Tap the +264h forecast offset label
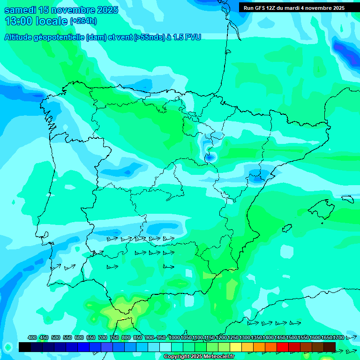(83, 21)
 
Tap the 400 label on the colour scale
(32, 338)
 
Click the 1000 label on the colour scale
(174, 338)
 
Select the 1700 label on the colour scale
(338, 338)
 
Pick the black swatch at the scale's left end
(25, 347)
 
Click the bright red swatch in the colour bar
(283, 347)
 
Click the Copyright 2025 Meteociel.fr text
(199, 357)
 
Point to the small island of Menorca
(347, 199)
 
